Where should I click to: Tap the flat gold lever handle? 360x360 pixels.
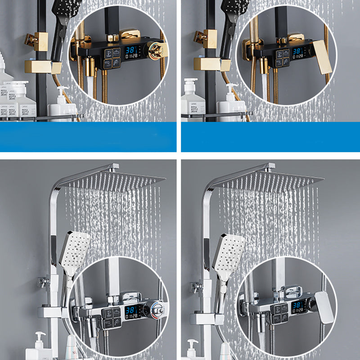[x=321, y=57]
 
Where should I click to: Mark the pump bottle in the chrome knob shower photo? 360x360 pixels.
[x=39, y=346]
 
